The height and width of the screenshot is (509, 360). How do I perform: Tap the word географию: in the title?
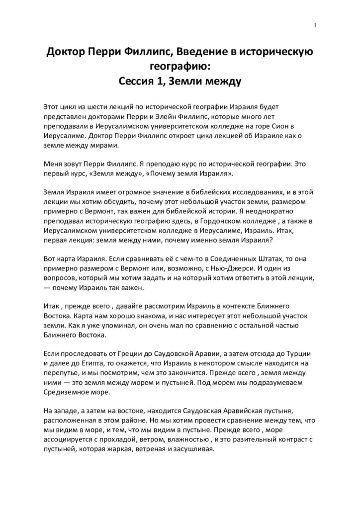point(180,67)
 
